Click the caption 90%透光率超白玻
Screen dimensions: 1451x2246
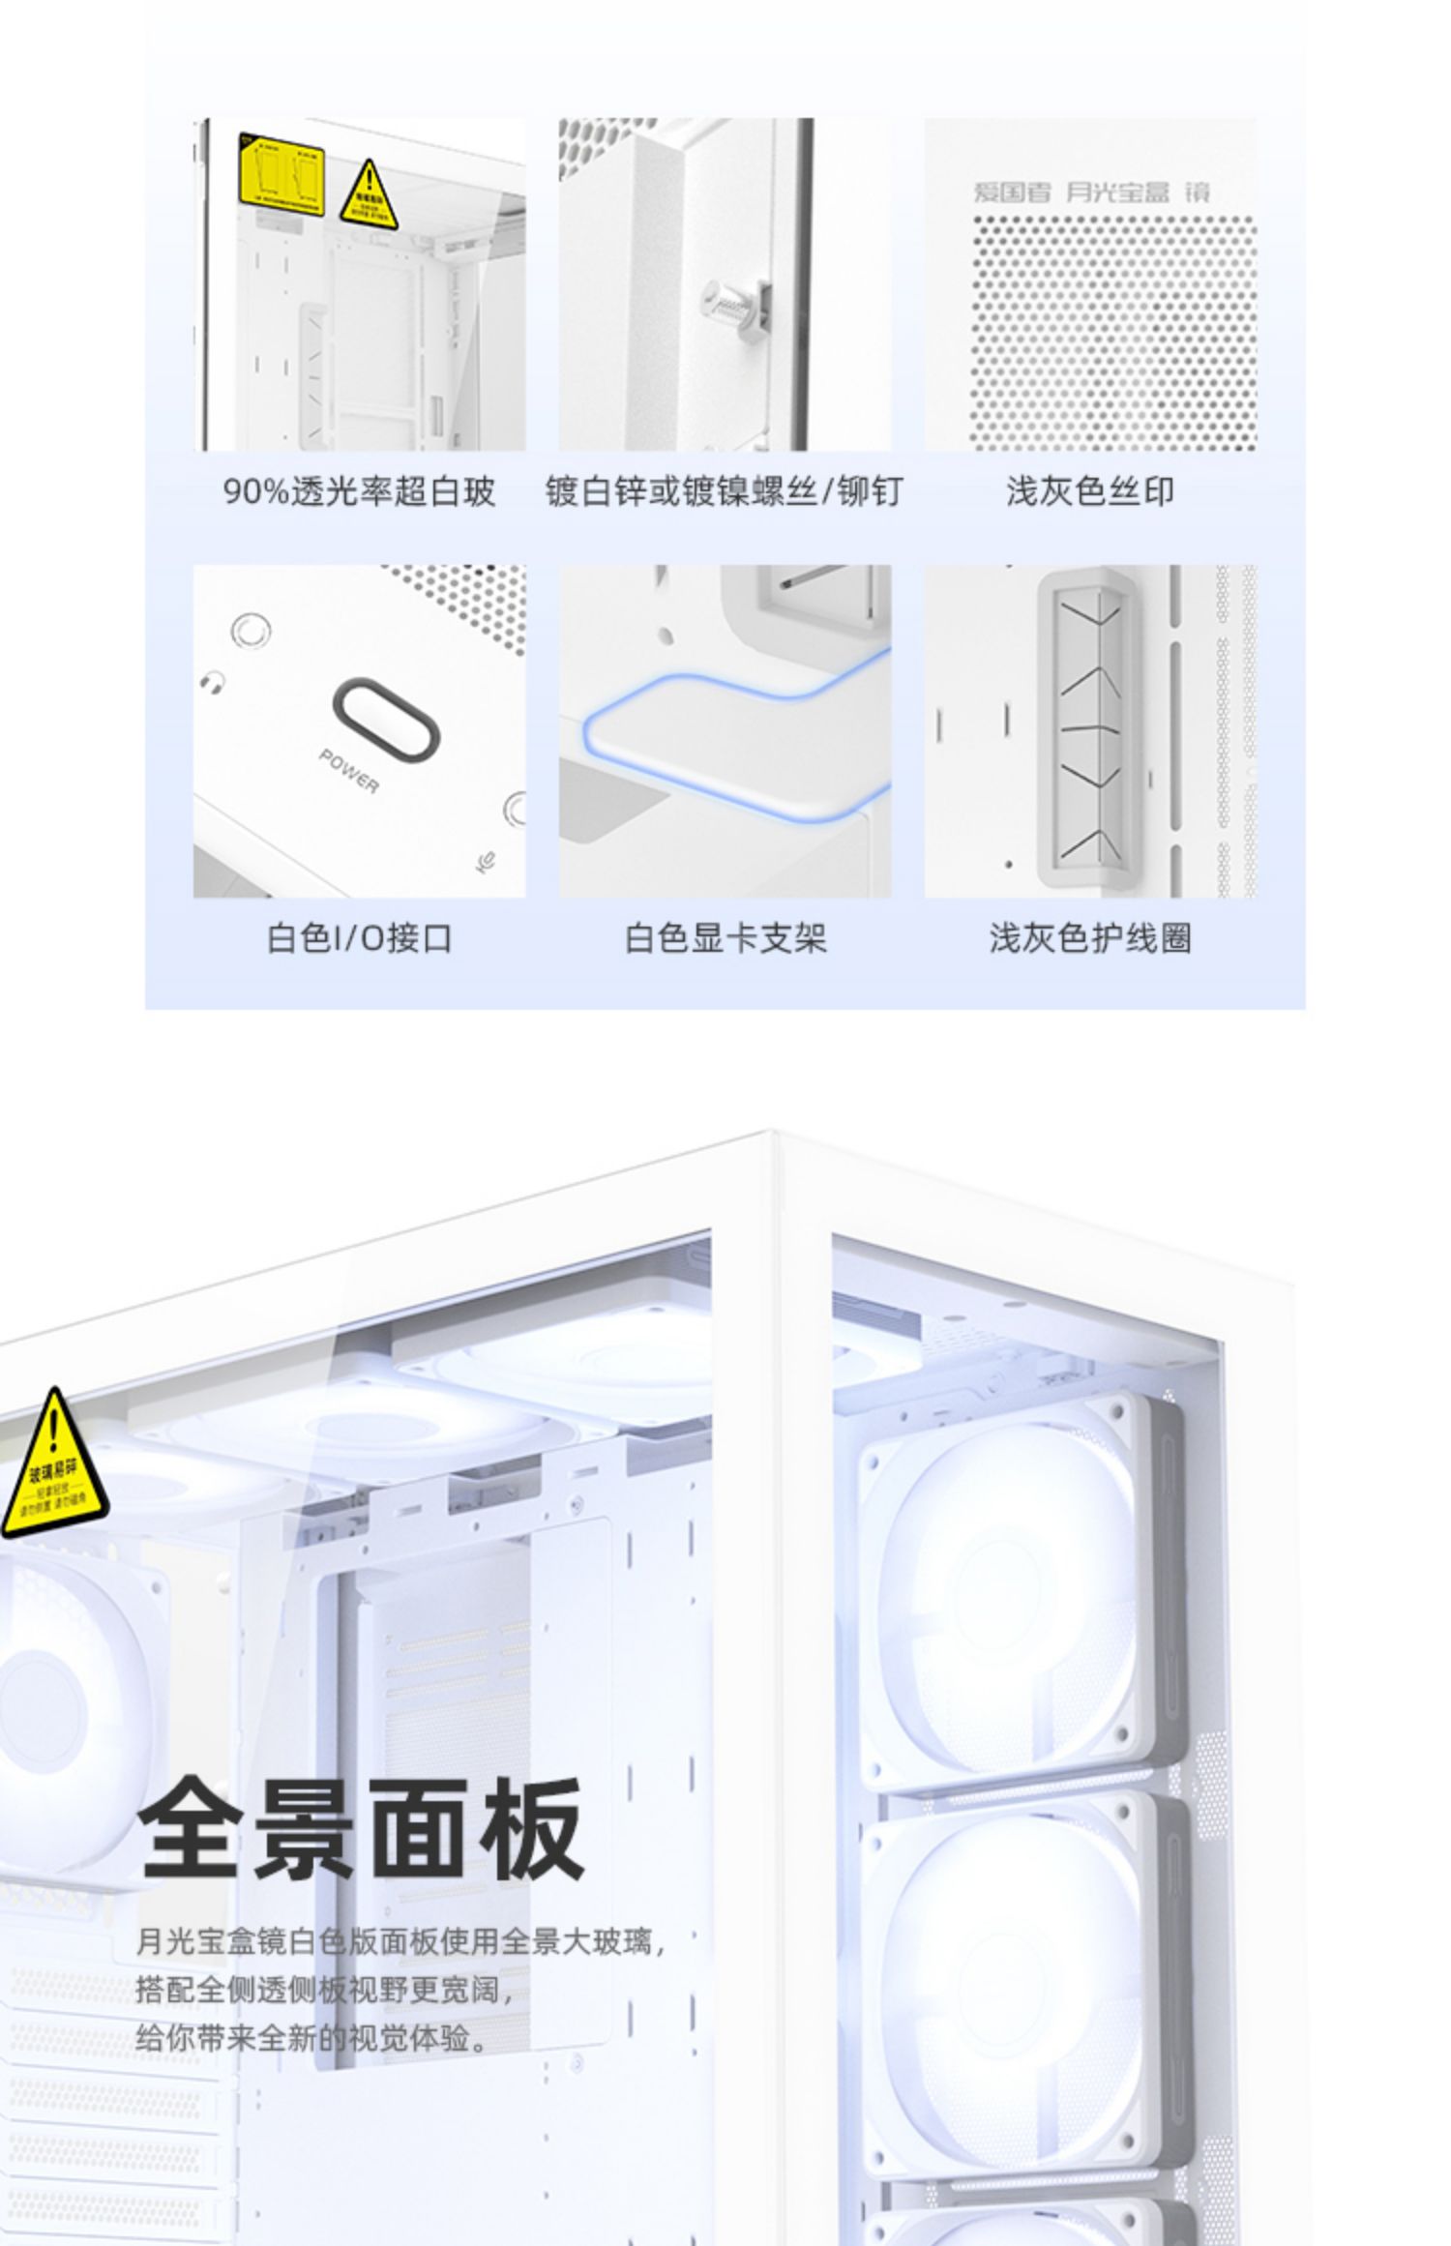click(x=359, y=491)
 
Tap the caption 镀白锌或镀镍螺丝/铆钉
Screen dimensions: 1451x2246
click(x=724, y=491)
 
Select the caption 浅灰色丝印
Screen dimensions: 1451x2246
click(x=1090, y=491)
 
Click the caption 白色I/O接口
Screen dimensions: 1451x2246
click(x=359, y=937)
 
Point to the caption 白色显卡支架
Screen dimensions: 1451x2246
click(x=725, y=937)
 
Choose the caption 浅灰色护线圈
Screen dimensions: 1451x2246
click(x=1090, y=937)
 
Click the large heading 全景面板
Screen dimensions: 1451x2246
click(x=361, y=1828)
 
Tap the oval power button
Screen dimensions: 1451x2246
click(x=386, y=720)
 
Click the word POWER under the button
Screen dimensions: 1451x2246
click(x=349, y=770)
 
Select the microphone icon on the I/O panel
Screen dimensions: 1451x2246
click(x=488, y=859)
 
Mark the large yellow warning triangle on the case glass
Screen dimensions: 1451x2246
click(x=54, y=1468)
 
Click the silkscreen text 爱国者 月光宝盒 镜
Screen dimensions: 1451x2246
click(x=1090, y=192)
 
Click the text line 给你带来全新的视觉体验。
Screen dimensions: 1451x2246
click(x=312, y=2039)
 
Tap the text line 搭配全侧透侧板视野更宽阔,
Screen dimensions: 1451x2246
click(x=326, y=1990)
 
